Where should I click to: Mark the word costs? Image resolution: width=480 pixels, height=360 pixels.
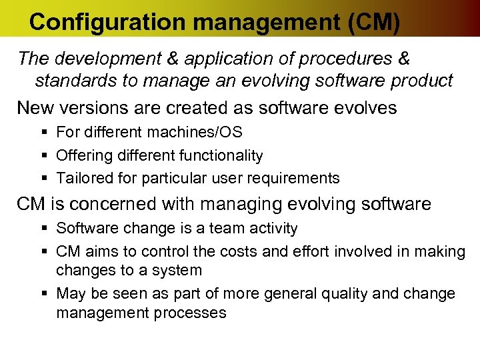247,251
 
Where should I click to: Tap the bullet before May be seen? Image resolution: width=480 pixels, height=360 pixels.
43,294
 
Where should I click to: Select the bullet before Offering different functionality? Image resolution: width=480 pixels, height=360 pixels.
43,156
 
